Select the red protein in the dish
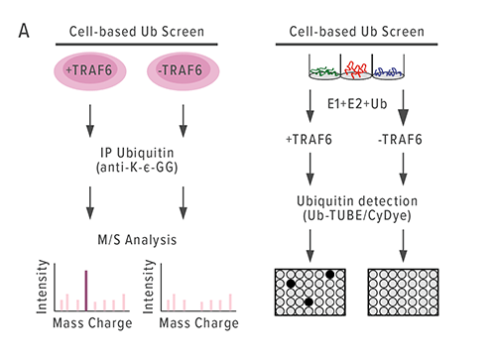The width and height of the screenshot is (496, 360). pos(352,70)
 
